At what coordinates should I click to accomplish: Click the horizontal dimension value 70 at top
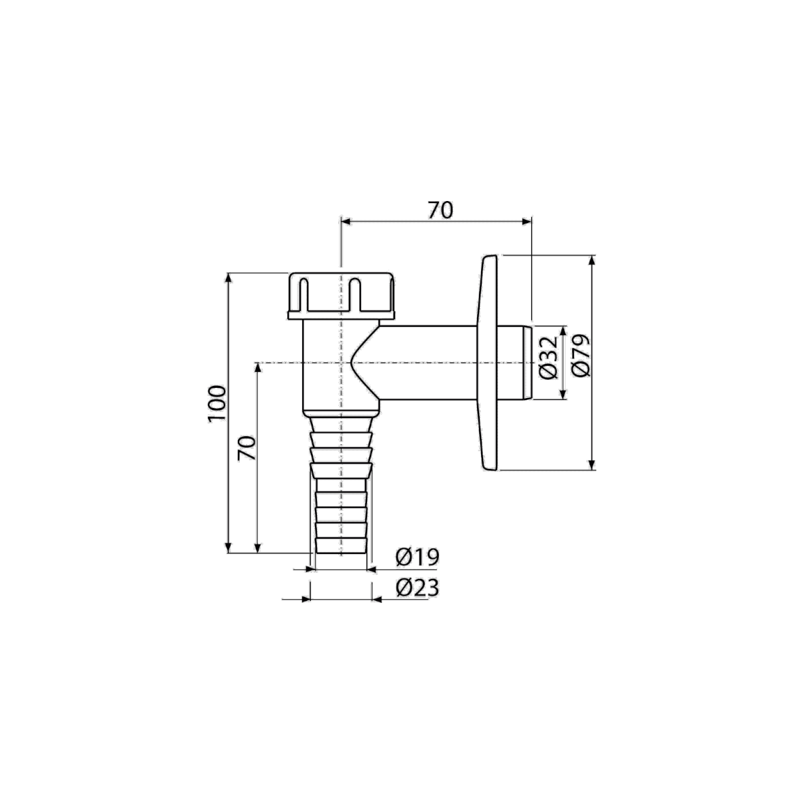pyautogui.click(x=440, y=210)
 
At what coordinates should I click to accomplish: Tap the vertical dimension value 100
pyautogui.click(x=217, y=404)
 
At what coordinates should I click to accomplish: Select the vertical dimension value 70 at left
pyautogui.click(x=247, y=448)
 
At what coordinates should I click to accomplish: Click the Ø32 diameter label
pyautogui.click(x=548, y=357)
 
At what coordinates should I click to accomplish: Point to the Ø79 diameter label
pyautogui.click(x=582, y=356)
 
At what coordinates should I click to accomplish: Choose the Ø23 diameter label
pyautogui.click(x=417, y=588)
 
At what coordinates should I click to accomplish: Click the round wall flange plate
pyautogui.click(x=489, y=363)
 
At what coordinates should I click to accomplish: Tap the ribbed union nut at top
pyautogui.click(x=341, y=296)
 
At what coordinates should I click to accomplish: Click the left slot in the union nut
pyautogui.click(x=304, y=295)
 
